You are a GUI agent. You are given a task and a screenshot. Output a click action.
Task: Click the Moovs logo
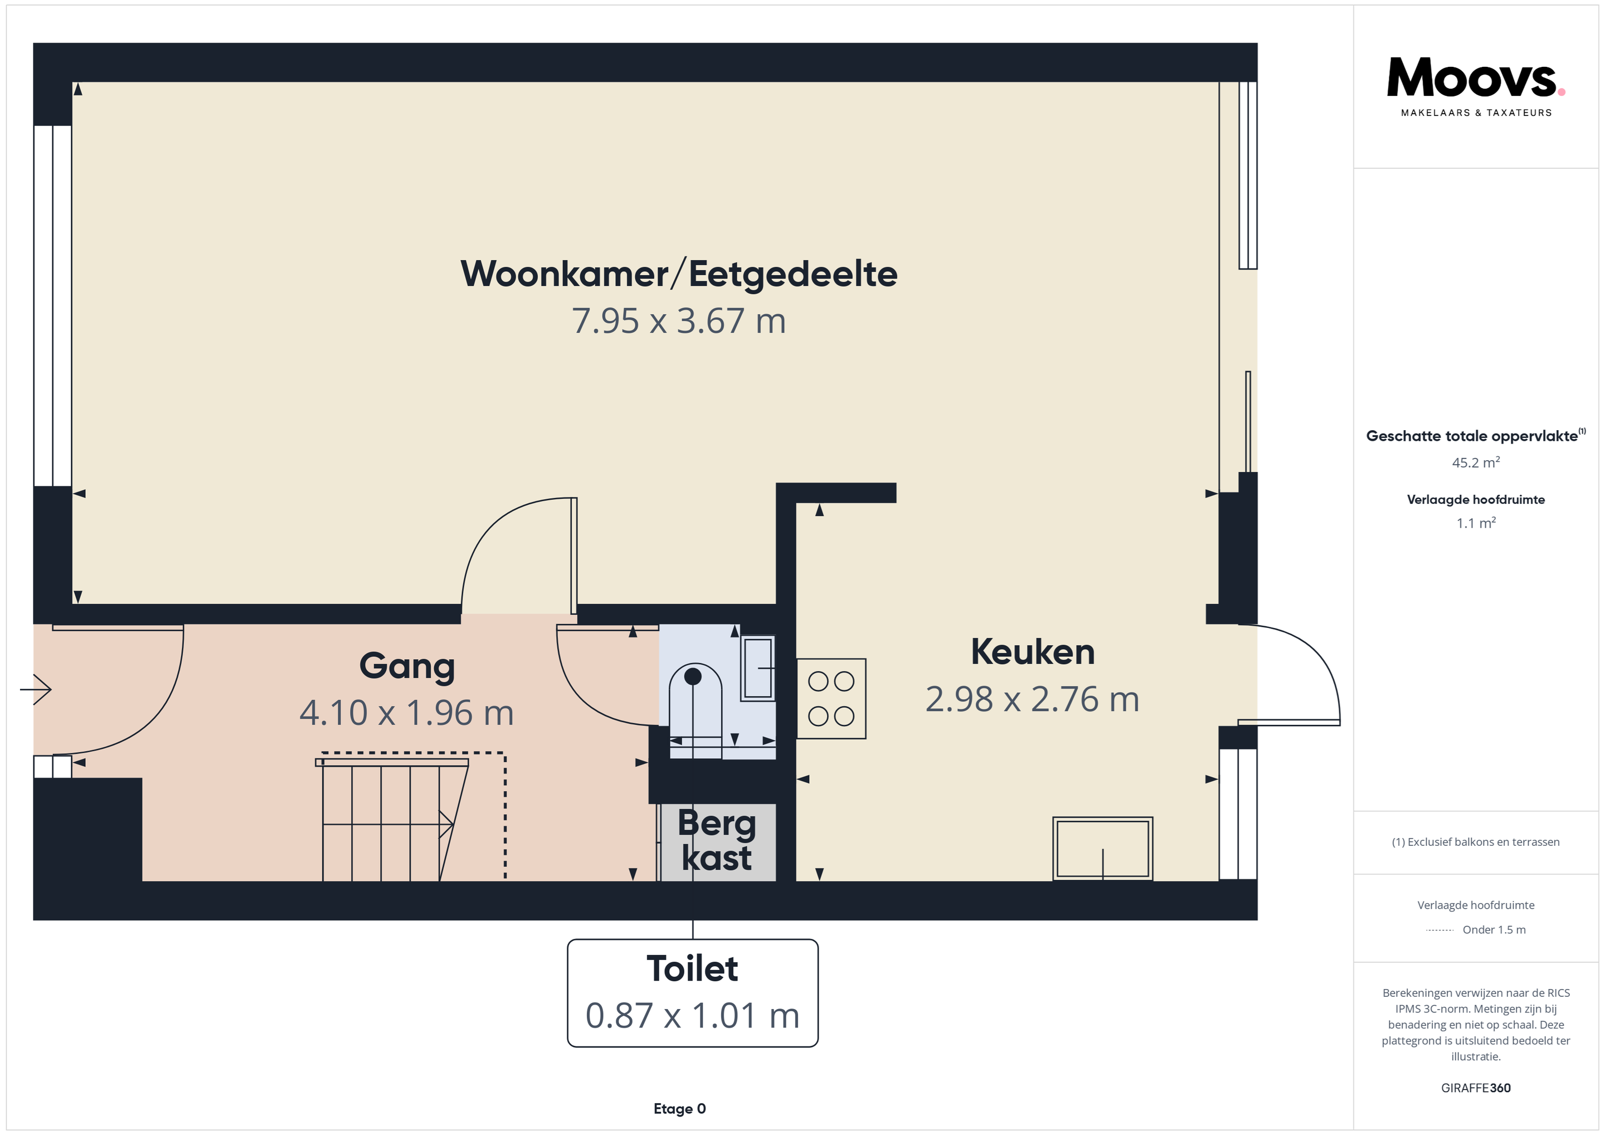tap(1476, 87)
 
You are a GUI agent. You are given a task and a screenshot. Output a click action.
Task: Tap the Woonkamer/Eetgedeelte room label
tap(679, 274)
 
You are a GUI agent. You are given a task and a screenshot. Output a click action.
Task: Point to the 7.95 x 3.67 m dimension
tap(679, 321)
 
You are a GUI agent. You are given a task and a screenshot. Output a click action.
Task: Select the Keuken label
tap(1033, 652)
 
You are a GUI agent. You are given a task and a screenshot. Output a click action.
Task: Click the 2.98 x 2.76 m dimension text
tap(1033, 699)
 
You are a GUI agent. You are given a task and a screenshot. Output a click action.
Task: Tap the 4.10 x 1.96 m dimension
tap(407, 713)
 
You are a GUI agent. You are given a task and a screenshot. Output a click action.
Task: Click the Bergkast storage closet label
tap(717, 841)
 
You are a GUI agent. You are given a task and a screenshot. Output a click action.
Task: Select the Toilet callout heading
tap(692, 968)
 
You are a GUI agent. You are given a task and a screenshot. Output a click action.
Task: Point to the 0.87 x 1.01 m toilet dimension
tap(692, 1016)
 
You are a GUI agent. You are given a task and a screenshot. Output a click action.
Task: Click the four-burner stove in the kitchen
tap(831, 699)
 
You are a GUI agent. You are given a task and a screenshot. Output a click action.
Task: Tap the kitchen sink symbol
tap(1102, 849)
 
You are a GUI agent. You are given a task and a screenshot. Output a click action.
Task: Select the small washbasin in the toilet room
tap(758, 668)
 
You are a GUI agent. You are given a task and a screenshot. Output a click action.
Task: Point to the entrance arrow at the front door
tap(36, 690)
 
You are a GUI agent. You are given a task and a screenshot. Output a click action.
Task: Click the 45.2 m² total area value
tap(1476, 462)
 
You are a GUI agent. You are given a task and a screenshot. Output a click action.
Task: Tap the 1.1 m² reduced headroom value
tap(1476, 523)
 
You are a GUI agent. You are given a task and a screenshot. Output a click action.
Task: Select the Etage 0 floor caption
tap(679, 1108)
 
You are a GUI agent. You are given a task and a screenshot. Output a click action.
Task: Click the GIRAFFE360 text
tap(1476, 1088)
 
